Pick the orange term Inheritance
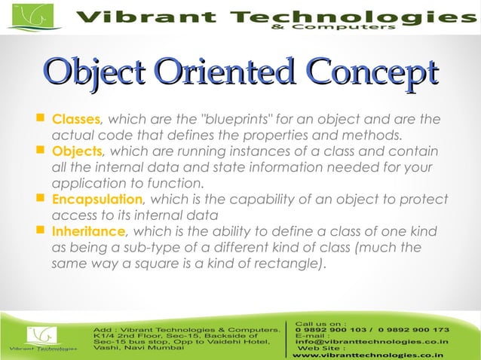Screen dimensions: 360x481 pos(87,232)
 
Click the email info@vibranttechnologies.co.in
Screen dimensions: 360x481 pos(372,342)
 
